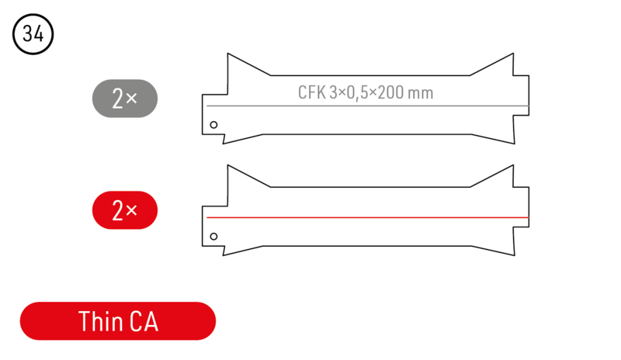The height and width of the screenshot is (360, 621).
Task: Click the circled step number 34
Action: (33, 34)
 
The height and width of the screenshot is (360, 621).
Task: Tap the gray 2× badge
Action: (125, 99)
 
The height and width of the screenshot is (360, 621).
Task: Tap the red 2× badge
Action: (125, 210)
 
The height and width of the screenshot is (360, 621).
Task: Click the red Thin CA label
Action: (118, 321)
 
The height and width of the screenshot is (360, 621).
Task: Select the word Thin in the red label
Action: (100, 321)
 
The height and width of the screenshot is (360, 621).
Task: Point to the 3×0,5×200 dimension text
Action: (366, 93)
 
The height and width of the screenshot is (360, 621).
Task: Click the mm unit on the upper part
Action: (421, 94)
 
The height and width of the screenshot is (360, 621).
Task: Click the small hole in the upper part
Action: (214, 125)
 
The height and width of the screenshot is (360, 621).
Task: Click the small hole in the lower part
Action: (214, 237)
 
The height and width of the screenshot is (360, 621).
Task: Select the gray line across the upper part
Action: (368, 106)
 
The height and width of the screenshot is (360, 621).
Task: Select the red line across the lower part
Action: (368, 217)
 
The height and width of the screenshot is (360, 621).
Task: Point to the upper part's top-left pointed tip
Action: (227, 54)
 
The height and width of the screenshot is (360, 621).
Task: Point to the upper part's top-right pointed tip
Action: (513, 54)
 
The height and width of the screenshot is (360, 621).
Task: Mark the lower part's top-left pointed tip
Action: (227, 165)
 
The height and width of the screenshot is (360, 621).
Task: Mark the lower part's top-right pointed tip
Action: (513, 165)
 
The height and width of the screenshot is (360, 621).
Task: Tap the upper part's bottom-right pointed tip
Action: (515, 144)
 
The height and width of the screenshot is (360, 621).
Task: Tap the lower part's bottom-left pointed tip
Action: (223, 255)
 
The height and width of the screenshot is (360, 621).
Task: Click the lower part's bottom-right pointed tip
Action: (515, 255)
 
